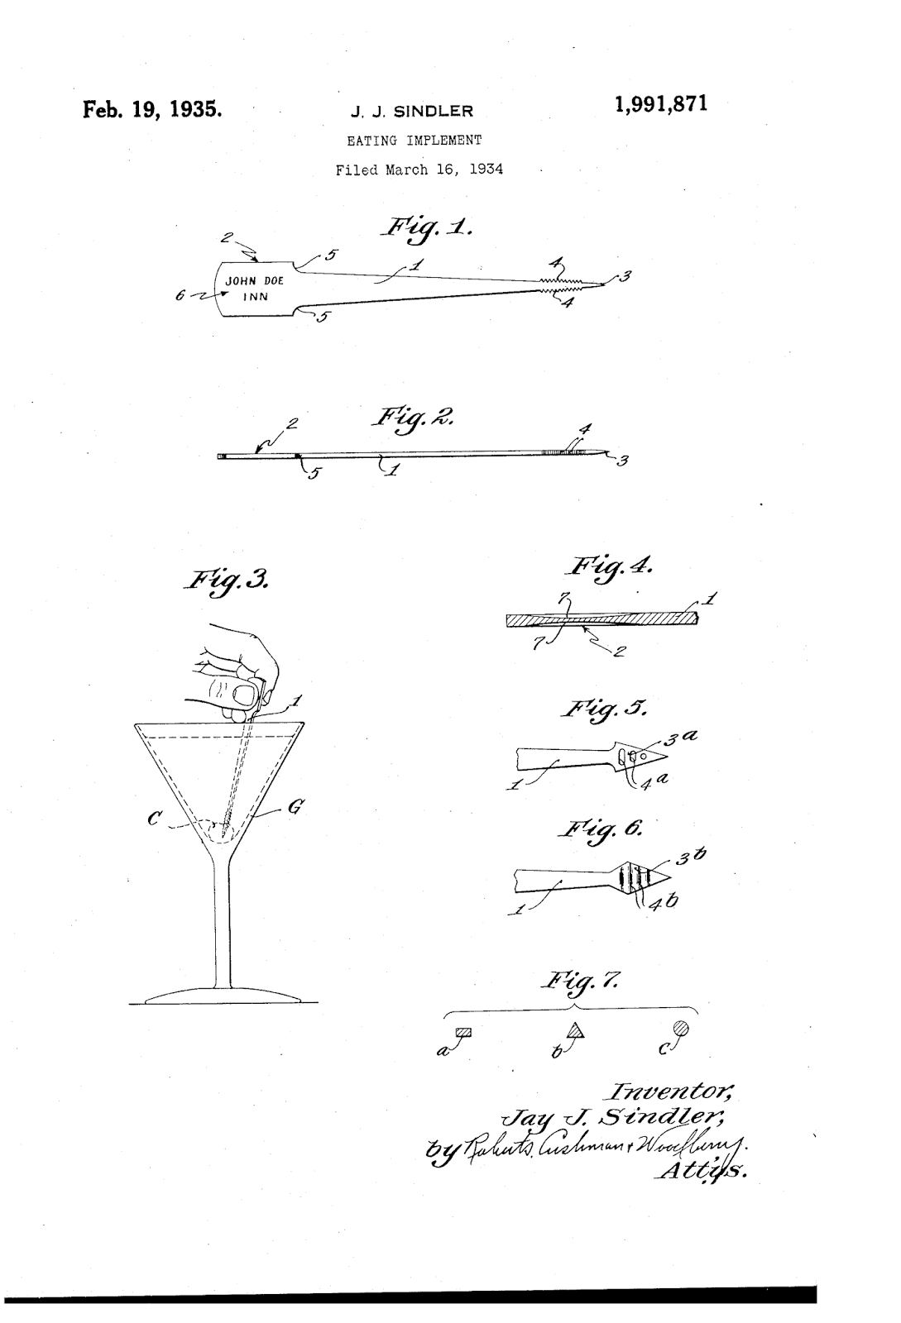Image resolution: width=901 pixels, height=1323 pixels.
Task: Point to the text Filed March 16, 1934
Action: [419, 170]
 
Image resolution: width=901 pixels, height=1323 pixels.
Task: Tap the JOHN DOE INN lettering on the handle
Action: [254, 289]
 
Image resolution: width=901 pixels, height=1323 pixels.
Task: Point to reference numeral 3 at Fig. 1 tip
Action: [625, 278]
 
